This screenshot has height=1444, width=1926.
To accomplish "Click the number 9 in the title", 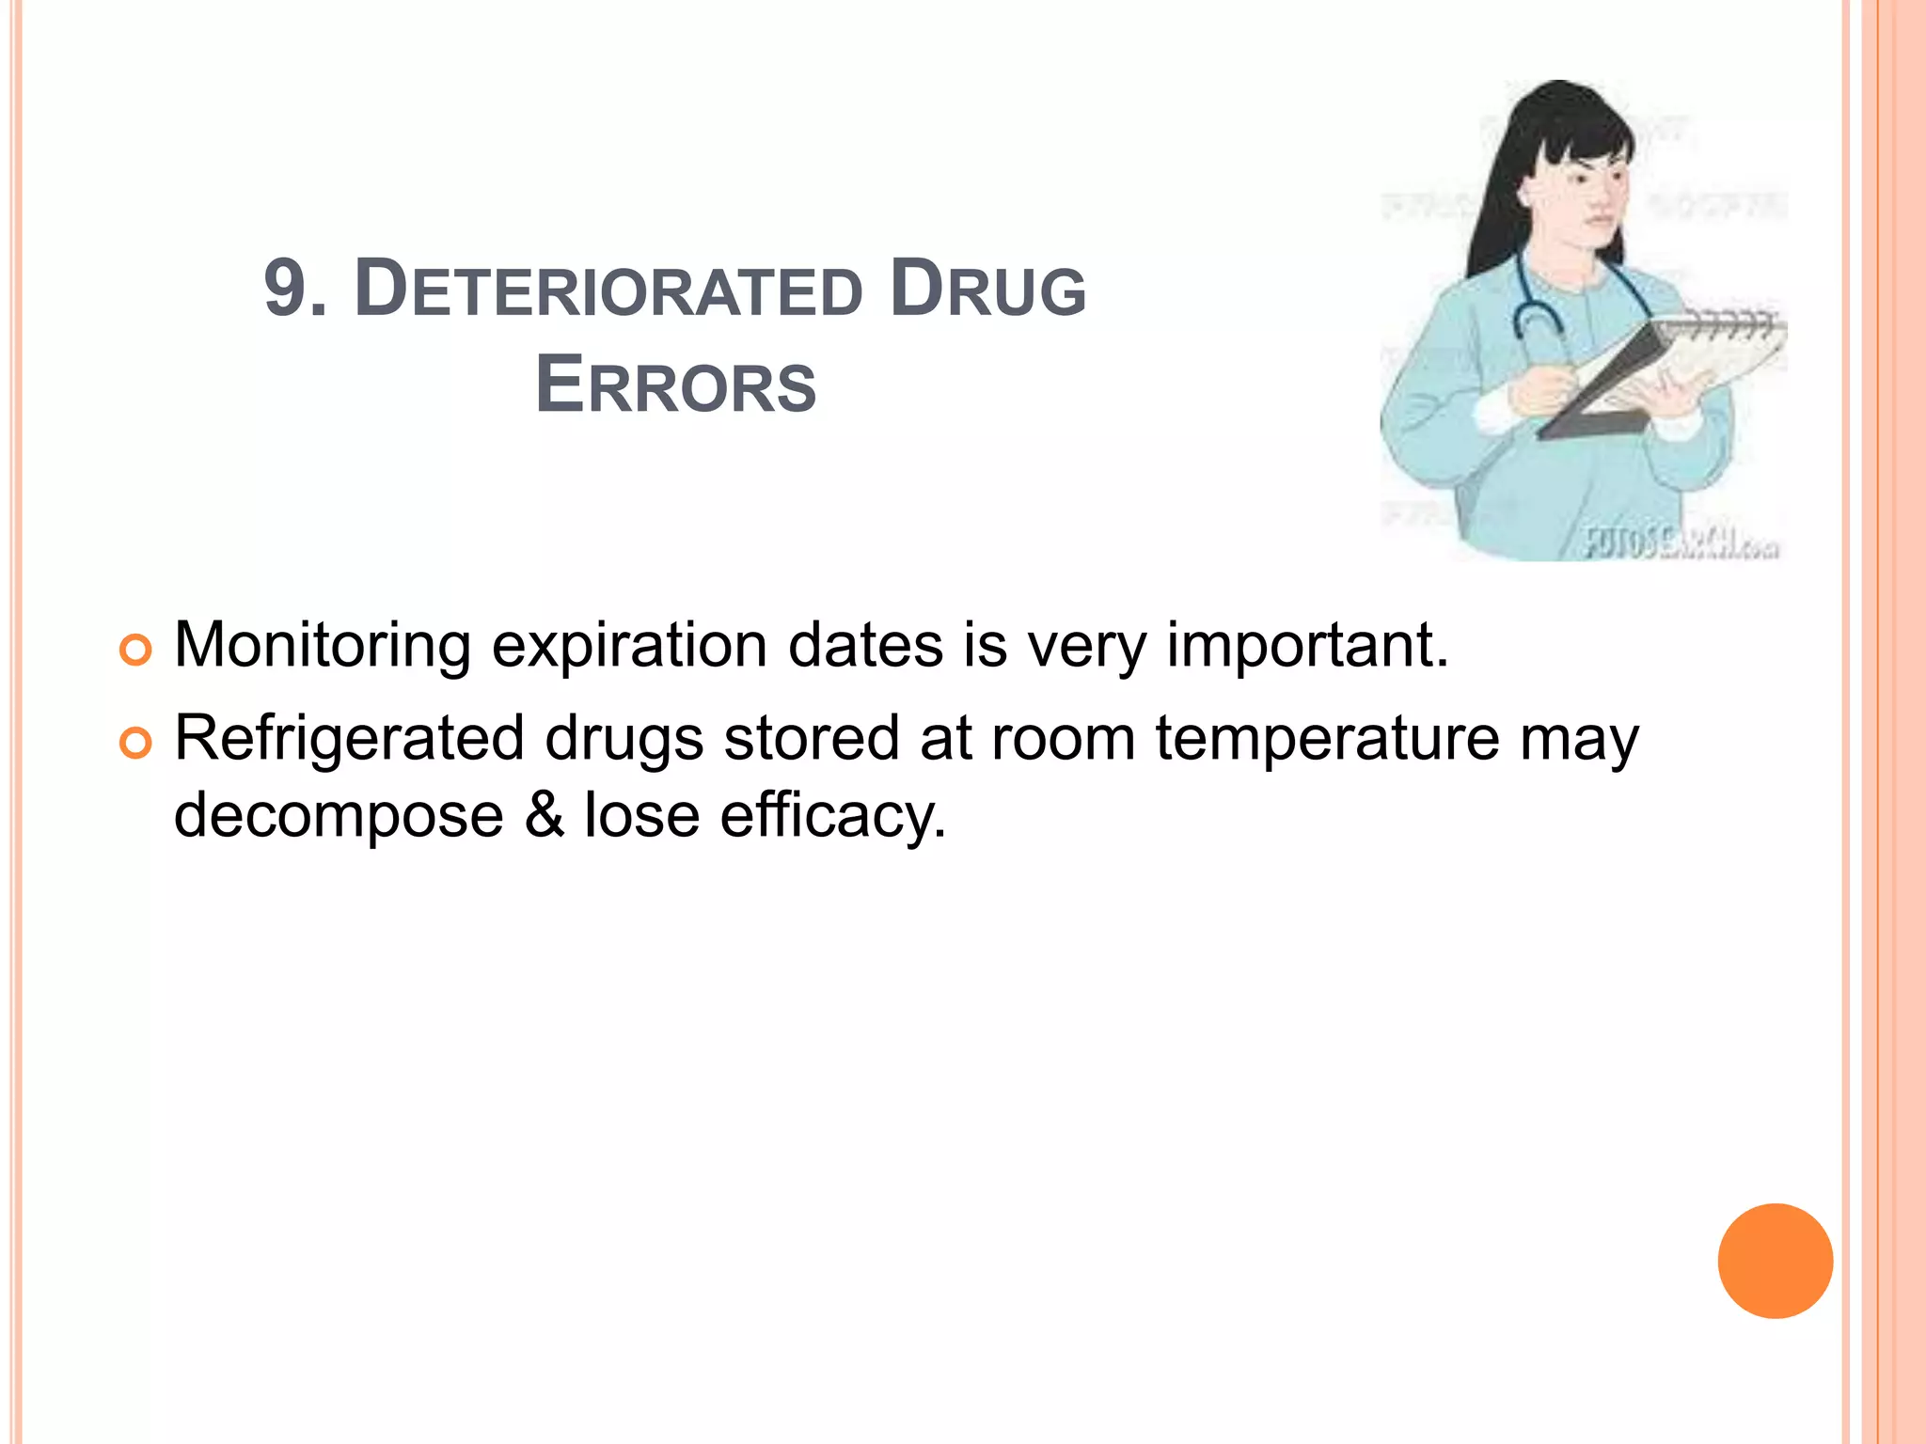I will tap(284, 289).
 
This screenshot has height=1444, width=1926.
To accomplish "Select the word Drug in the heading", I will tap(987, 289).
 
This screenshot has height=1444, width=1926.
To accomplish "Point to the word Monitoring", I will tap(322, 646).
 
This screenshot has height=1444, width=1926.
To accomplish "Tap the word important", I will tap(1307, 646).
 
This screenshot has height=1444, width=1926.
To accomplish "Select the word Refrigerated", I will tap(349, 738).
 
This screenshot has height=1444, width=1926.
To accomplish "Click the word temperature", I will tap(1327, 738).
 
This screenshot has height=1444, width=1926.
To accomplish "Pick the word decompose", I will tap(339, 814).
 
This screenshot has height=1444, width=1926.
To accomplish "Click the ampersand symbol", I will tap(545, 814).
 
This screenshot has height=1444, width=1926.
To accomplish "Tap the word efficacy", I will tap(832, 816).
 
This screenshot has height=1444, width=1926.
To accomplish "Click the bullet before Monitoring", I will tap(135, 651).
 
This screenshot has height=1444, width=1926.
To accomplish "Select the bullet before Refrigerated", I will tap(135, 744).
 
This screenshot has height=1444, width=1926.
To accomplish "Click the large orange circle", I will tap(1775, 1261).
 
